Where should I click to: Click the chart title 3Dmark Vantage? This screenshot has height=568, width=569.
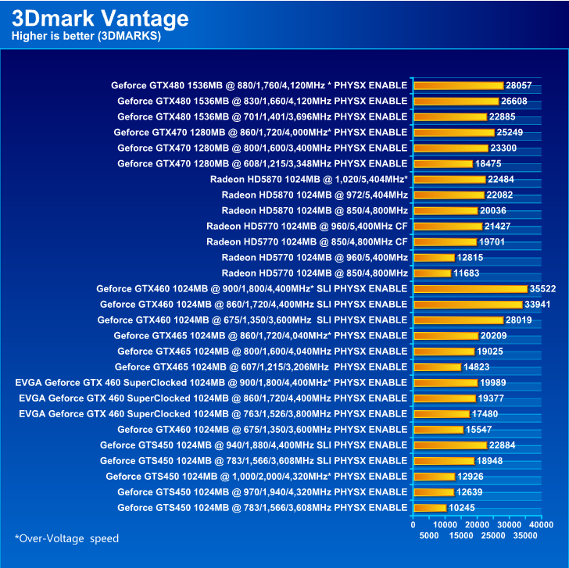100,18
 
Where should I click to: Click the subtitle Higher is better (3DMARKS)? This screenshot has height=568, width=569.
86,36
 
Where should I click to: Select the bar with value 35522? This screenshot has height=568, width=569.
470,289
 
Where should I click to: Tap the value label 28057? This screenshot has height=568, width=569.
518,85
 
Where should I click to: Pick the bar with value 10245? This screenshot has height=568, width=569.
429,508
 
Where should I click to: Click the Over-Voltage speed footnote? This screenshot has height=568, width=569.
67,538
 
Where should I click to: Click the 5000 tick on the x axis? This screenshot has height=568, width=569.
429,536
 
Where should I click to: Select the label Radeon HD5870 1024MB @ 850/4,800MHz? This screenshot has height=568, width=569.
314,210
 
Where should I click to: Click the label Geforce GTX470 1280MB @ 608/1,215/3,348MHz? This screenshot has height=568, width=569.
262,163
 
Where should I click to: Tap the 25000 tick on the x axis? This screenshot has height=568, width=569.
493,536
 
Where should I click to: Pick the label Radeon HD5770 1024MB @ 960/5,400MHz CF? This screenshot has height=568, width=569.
306,226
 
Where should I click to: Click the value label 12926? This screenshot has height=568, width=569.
471,476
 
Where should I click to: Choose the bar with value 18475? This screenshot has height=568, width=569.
442,164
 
